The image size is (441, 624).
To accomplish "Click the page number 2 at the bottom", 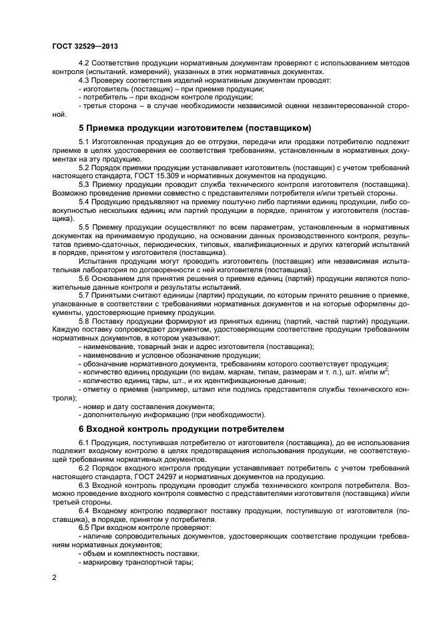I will coord(54,577).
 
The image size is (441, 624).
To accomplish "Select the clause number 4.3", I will coord(85,80).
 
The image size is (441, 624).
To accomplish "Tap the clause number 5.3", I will coord(85,184).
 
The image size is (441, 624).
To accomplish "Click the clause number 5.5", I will coord(85,227).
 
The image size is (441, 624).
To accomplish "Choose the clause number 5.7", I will coord(85,295).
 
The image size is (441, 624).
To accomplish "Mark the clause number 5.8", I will coord(85,320).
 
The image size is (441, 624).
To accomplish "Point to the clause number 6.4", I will coord(85,510).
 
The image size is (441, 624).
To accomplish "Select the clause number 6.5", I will coord(85,527).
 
